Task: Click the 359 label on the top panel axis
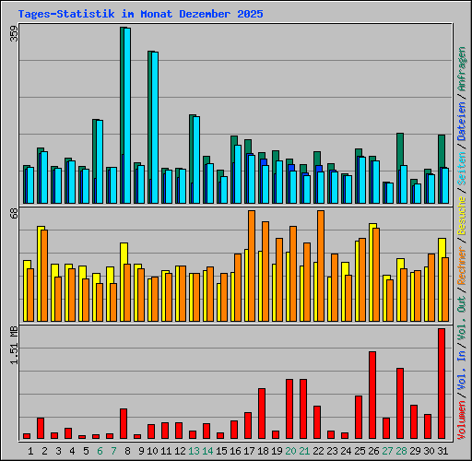point(14,34)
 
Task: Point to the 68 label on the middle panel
point(14,214)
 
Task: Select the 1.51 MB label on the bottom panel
point(14,346)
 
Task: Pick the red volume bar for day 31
point(442,384)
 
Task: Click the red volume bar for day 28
point(400,403)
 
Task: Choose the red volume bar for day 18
point(262,413)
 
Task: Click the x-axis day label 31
point(442,450)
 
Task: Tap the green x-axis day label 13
point(193,450)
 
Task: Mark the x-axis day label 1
point(30,450)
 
